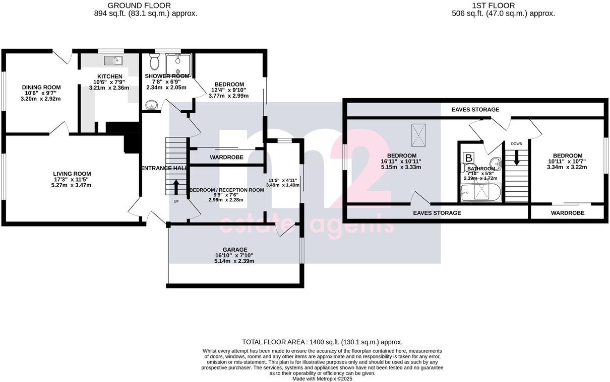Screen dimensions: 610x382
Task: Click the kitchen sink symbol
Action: [x=113, y=60]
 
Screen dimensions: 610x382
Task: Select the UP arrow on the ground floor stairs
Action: [x=176, y=187]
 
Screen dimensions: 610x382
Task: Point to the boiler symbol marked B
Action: [x=469, y=158]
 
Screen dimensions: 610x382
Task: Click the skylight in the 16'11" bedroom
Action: [x=418, y=135]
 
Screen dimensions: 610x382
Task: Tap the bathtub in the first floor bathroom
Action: [x=480, y=192]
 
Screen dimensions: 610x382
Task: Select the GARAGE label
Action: [x=235, y=250]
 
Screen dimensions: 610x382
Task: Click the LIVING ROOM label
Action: [x=72, y=174]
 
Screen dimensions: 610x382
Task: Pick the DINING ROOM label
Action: [x=41, y=87]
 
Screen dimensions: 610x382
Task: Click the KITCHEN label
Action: [x=110, y=77]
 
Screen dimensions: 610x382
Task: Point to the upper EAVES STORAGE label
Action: [x=475, y=110]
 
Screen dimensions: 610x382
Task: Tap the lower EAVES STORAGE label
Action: [x=437, y=213]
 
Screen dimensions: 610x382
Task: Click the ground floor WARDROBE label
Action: [x=226, y=157]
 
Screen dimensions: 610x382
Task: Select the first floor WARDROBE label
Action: [x=568, y=213]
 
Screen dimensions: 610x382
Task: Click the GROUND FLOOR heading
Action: [x=139, y=6]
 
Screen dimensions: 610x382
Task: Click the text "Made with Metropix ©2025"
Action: [x=322, y=379]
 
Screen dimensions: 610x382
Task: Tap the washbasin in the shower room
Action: [x=150, y=105]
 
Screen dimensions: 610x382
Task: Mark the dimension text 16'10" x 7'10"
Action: [x=234, y=255]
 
